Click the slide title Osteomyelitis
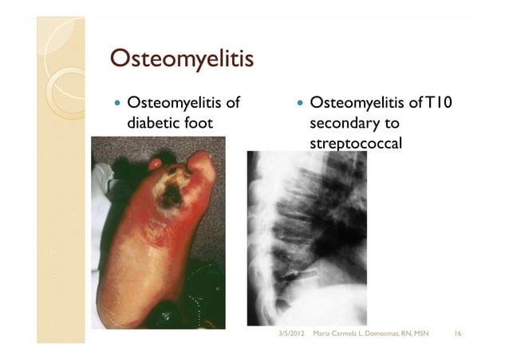(x=181, y=59)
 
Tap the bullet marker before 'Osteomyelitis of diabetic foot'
(x=118, y=104)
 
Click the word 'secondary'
(x=343, y=125)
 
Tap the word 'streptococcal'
(x=354, y=144)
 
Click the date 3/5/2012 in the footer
(x=291, y=331)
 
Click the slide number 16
(x=458, y=331)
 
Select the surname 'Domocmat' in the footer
(x=381, y=331)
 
